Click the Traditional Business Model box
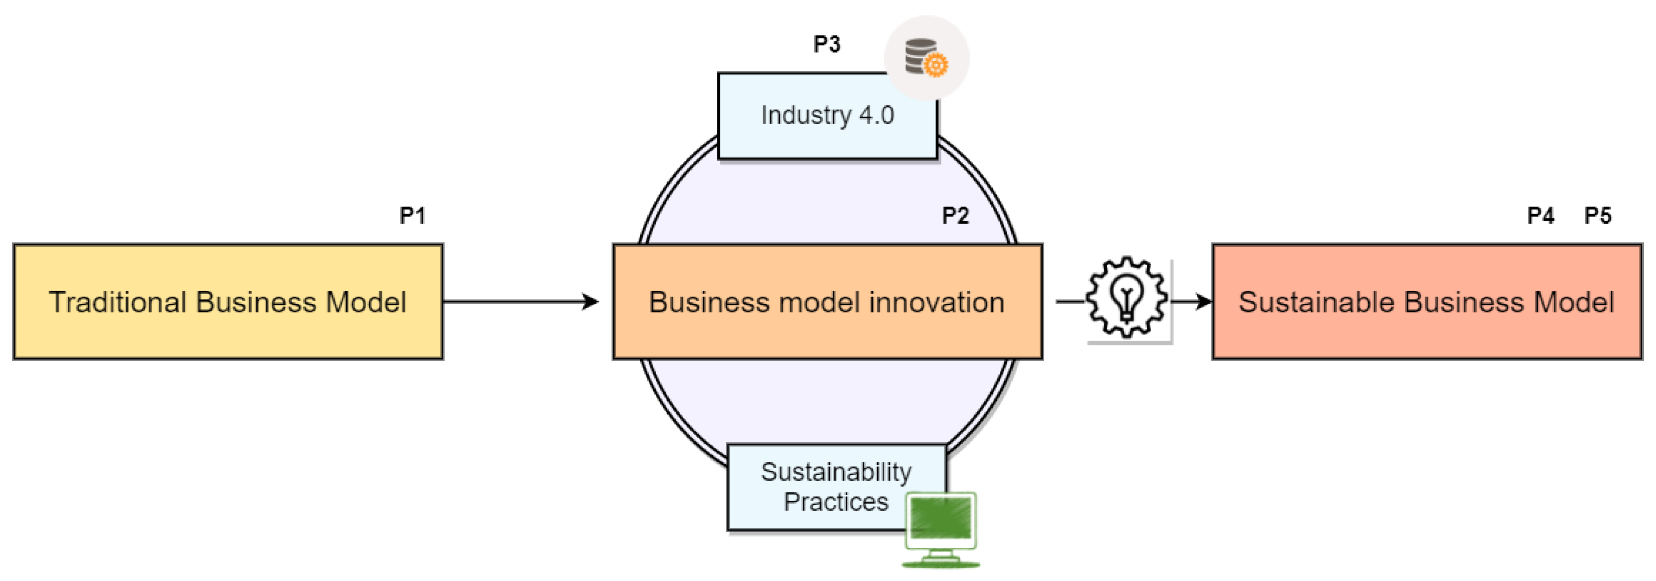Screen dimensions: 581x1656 (x=228, y=302)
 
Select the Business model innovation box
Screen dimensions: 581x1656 (x=827, y=302)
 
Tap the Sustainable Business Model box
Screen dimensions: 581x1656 (x=1427, y=302)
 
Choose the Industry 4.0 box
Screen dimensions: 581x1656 (x=827, y=116)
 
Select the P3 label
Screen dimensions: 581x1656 (x=827, y=44)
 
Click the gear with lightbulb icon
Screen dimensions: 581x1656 (x=1127, y=298)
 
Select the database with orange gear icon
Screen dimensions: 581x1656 (x=926, y=57)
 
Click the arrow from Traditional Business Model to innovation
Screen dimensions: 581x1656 (x=521, y=302)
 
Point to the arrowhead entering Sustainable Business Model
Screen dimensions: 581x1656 (x=1203, y=302)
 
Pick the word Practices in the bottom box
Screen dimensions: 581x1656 (x=836, y=502)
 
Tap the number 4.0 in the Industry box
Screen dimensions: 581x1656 (x=876, y=116)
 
